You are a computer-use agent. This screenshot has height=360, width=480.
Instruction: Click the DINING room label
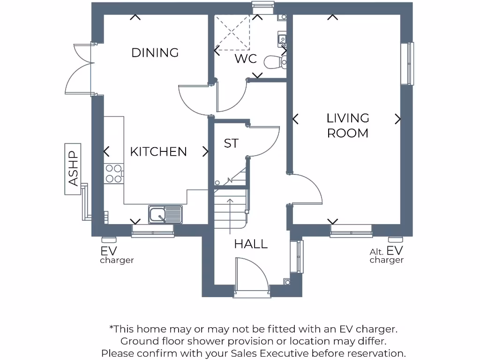155,52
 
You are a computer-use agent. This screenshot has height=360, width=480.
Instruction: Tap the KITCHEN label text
158,152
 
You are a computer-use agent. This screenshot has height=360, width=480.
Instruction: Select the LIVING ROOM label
348,126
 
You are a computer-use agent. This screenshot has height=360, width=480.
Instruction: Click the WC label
246,59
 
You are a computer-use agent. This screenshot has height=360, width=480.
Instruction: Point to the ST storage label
231,143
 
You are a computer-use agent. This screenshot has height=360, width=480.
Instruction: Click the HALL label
251,244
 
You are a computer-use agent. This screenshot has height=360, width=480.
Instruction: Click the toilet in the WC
275,62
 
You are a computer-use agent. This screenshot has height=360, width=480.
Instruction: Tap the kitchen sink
165,215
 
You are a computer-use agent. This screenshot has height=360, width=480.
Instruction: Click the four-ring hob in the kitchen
113,173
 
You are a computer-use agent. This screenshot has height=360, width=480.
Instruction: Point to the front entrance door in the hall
251,277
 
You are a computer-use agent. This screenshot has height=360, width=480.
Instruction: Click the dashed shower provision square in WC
232,32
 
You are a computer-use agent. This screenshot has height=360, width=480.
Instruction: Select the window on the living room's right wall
410,64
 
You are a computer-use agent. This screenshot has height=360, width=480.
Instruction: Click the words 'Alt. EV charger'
386,255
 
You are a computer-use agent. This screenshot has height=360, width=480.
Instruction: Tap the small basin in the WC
282,38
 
